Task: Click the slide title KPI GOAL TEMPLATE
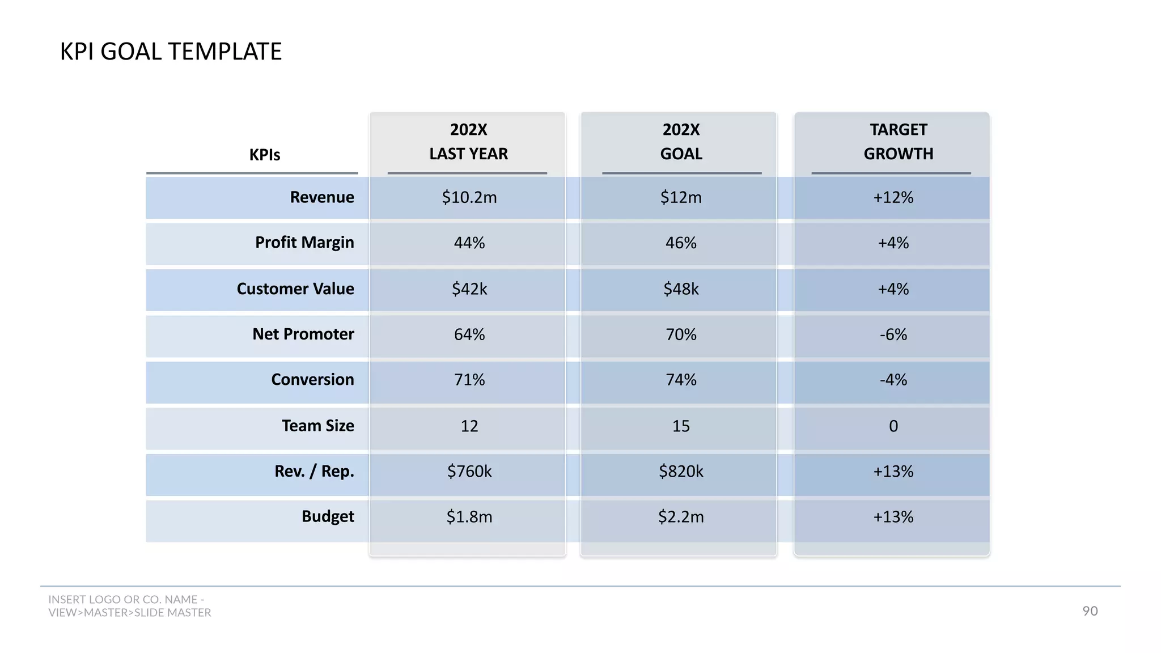171,52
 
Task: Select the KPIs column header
265,155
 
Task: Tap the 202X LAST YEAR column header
468,142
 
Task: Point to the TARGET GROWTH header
898,142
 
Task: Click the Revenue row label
321,197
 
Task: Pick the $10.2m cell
469,197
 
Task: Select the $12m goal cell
681,197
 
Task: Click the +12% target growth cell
893,197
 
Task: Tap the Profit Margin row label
304,243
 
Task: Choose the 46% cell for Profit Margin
681,243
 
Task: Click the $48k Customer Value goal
681,289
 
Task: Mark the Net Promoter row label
303,334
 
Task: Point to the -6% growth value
893,334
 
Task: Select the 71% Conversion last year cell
469,380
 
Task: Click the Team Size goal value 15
681,426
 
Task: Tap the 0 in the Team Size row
893,426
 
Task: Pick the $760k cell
469,472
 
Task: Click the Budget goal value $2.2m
681,517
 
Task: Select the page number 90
1090,611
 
